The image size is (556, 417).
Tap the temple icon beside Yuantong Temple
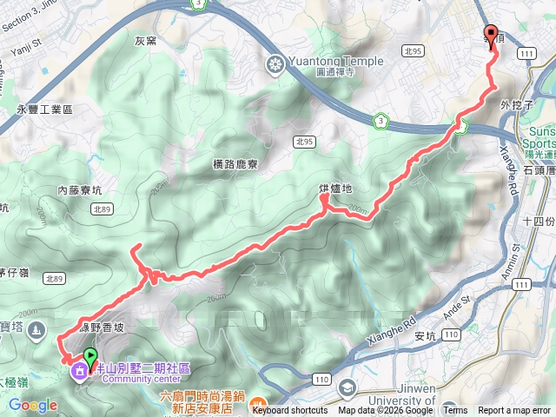pyautogui.click(x=275, y=64)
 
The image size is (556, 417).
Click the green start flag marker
pyautogui.click(x=89, y=355)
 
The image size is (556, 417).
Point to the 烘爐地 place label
pyautogui.click(x=335, y=189)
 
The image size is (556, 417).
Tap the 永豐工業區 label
pyautogui.click(x=44, y=110)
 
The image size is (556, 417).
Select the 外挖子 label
pyautogui.click(x=515, y=106)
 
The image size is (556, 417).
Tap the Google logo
pyautogui.click(x=32, y=405)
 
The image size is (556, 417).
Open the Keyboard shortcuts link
pyautogui.click(x=290, y=411)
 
